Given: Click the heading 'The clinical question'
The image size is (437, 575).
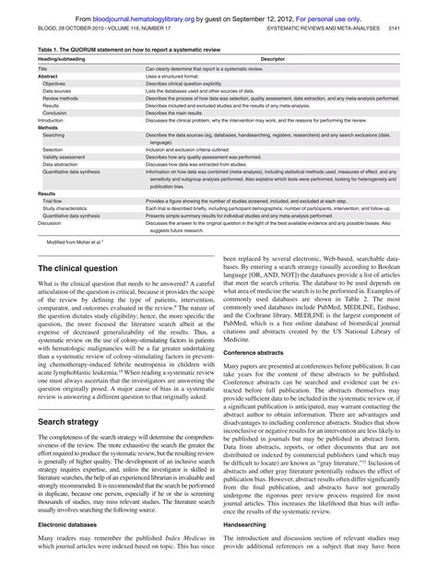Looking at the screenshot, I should pyautogui.click(x=77, y=267).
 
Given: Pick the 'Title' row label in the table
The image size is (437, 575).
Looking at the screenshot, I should pyautogui.click(x=43, y=69).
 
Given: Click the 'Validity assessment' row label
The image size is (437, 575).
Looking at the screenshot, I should pyautogui.click(x=65, y=158).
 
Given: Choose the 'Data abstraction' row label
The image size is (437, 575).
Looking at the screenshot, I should pyautogui.click(x=62, y=165).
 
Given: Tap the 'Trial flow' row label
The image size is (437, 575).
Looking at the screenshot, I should pyautogui.click(x=53, y=200).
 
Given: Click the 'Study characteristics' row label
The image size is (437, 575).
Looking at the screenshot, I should pyautogui.click(x=65, y=207).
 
